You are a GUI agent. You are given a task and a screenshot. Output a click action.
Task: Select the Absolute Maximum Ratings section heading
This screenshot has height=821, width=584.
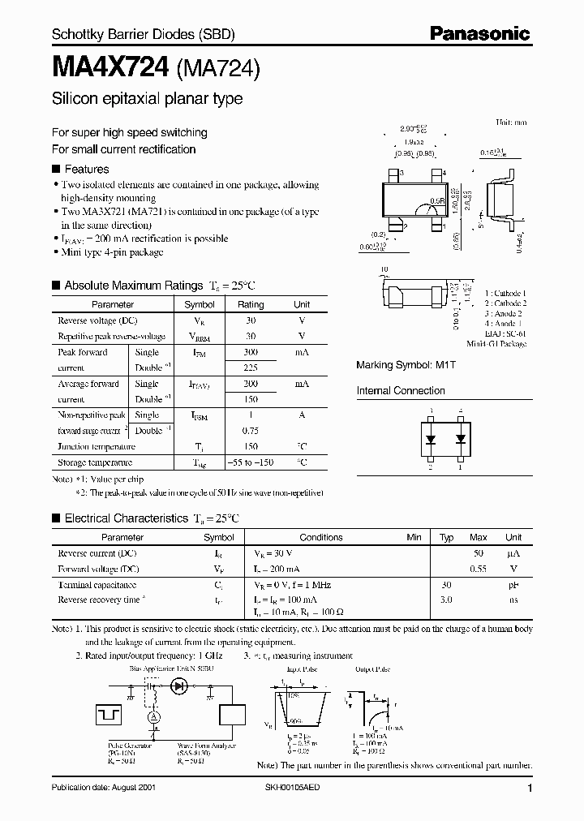tap(133, 286)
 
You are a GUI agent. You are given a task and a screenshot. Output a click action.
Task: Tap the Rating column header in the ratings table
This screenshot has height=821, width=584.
tap(251, 304)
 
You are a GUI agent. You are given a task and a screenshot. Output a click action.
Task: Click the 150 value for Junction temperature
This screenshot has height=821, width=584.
tap(251, 446)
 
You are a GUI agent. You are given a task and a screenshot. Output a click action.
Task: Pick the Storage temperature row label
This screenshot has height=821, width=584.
tap(95, 462)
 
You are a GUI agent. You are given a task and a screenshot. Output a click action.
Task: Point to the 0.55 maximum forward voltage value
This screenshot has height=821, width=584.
tap(478, 569)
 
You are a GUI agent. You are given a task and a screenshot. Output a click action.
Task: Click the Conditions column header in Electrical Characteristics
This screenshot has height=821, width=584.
tap(321, 537)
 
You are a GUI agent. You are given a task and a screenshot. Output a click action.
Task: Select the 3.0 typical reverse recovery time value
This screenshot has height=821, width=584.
tap(446, 600)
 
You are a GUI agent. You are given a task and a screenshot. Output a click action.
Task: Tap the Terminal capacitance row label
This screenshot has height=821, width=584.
tap(97, 584)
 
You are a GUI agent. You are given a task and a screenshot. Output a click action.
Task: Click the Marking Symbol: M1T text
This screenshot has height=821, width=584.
tap(395, 365)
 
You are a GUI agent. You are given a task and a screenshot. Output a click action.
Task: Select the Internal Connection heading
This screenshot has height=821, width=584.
tap(401, 390)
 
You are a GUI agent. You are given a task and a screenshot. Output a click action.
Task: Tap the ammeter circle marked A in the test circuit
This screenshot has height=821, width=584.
tap(151, 716)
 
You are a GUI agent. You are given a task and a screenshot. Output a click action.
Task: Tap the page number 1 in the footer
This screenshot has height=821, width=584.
tap(529, 789)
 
